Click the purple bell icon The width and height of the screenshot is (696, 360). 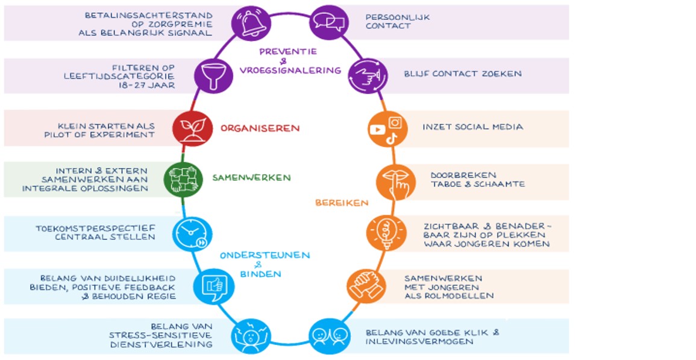click(x=251, y=24)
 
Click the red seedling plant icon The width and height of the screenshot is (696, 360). click(x=192, y=128)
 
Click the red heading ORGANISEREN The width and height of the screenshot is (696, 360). click(x=260, y=128)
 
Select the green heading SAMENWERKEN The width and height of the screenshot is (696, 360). click(x=251, y=178)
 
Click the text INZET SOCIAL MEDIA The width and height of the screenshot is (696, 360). click(x=472, y=127)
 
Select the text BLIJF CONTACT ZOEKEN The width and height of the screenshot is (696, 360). click(x=463, y=74)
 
